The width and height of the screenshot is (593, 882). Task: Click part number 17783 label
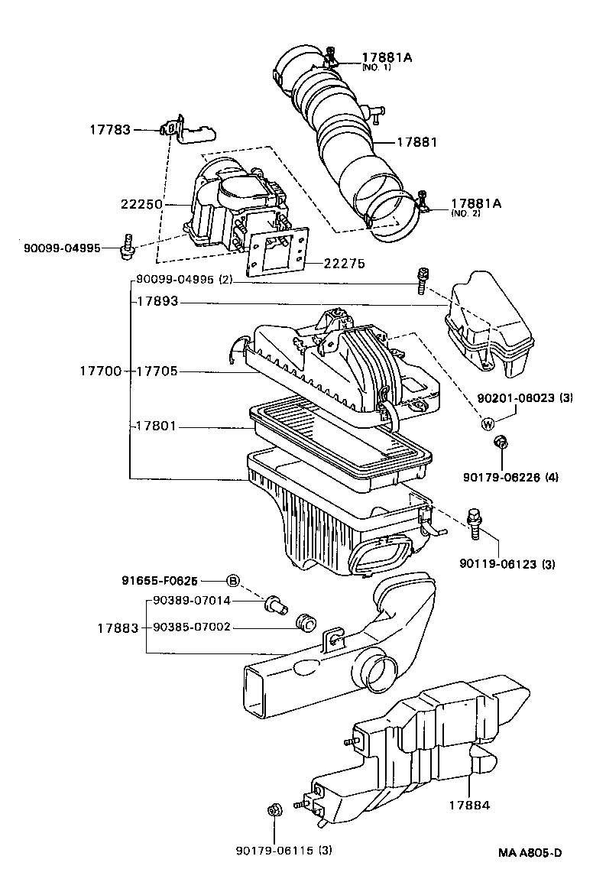(x=110, y=130)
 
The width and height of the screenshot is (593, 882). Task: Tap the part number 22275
(x=344, y=264)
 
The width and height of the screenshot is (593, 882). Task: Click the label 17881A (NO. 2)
(x=475, y=207)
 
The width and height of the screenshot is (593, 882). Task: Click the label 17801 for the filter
(x=157, y=426)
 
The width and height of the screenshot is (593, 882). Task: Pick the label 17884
(x=468, y=805)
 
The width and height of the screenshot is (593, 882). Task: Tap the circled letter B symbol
(x=234, y=582)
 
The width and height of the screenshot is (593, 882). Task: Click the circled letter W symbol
(x=488, y=424)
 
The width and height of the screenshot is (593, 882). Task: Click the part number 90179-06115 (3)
(x=284, y=850)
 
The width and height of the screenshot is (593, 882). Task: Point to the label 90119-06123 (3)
(x=507, y=565)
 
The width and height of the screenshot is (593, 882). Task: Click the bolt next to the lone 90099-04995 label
(x=128, y=244)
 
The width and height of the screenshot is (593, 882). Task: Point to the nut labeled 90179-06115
(x=272, y=812)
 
